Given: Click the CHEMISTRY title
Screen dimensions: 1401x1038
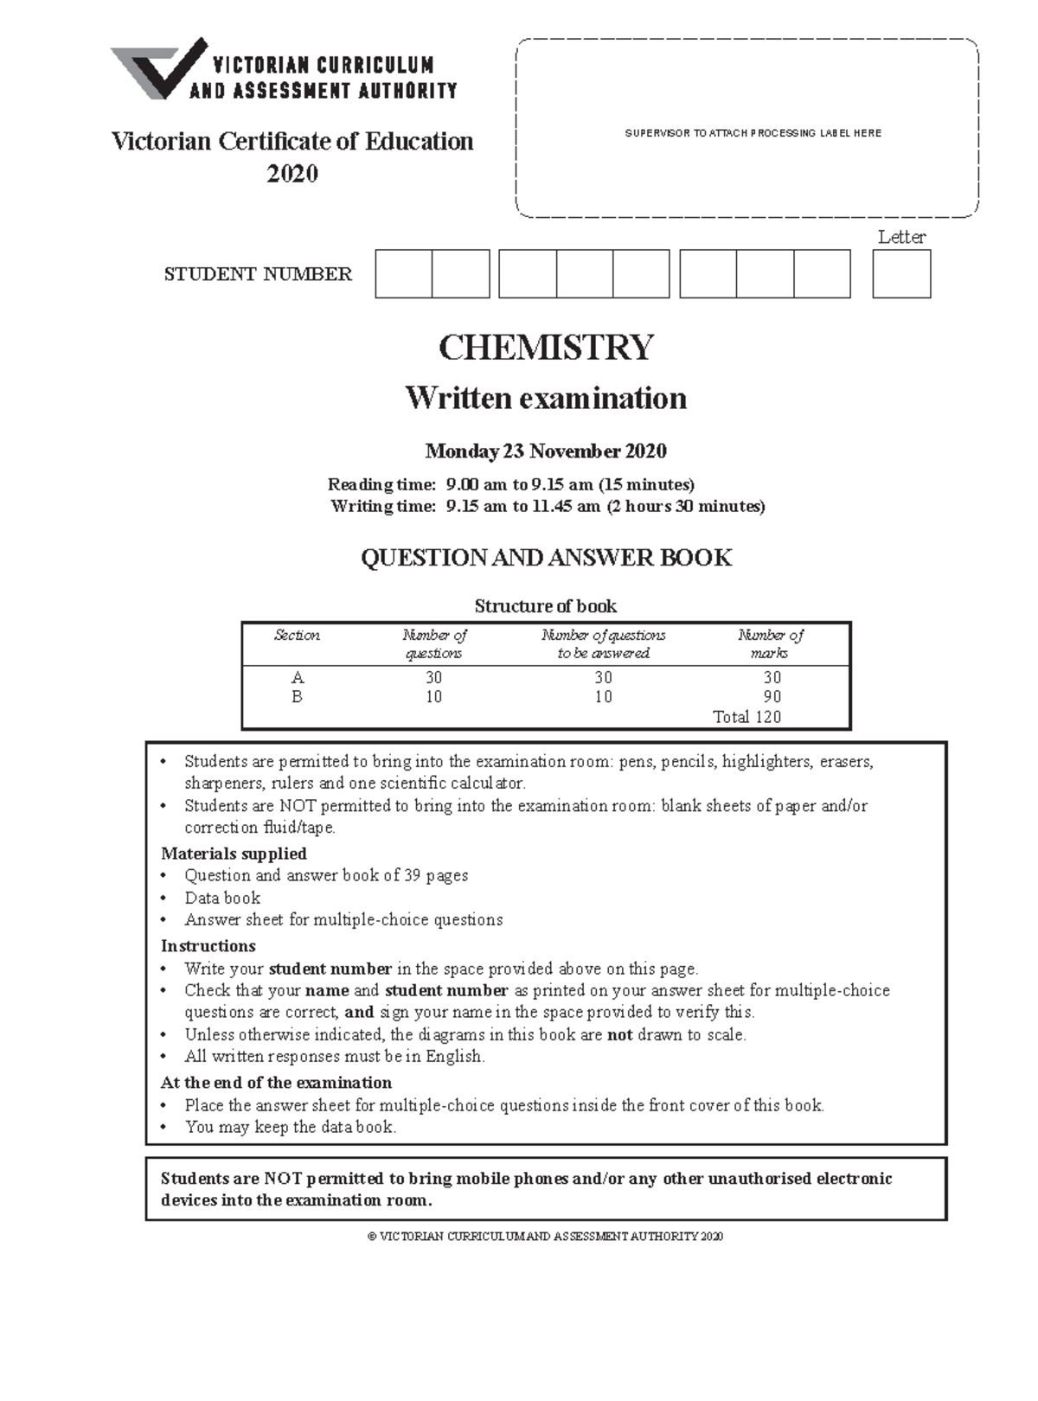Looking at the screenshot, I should [x=546, y=348].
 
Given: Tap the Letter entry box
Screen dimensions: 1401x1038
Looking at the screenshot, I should [x=901, y=274].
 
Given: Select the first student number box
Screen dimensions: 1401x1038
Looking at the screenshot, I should [x=403, y=274].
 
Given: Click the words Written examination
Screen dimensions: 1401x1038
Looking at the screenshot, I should [x=546, y=398].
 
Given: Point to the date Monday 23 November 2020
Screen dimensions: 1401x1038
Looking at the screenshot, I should [x=546, y=451].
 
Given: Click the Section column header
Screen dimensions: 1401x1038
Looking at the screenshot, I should [x=297, y=636].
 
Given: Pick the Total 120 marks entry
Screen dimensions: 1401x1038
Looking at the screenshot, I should [x=746, y=716].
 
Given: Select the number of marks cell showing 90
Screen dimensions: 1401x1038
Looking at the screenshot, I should [x=772, y=696].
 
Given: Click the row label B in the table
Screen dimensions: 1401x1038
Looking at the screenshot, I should [x=297, y=696].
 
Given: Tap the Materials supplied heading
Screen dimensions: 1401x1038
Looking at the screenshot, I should [x=234, y=853].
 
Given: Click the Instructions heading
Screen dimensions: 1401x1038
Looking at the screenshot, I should [x=208, y=945].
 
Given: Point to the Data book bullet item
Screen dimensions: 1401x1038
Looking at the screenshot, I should [x=222, y=898].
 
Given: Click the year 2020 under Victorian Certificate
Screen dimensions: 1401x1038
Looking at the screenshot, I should [x=292, y=174].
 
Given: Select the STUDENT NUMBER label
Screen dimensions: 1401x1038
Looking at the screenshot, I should [x=258, y=274].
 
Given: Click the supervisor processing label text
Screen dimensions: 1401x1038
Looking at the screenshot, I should [x=753, y=133].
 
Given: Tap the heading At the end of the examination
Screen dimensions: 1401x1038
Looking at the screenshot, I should [x=276, y=1082].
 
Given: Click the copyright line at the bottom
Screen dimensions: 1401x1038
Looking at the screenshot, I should [x=545, y=1237].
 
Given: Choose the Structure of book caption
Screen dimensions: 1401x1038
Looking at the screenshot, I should [x=546, y=605].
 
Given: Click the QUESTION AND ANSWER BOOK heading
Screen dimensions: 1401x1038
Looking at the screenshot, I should [x=546, y=558].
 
